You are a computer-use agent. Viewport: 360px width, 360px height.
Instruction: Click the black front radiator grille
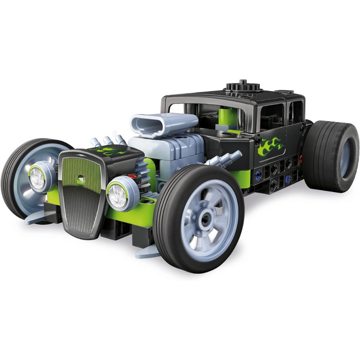click(x=81, y=195)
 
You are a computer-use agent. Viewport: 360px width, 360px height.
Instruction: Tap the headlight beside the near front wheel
click(x=118, y=194)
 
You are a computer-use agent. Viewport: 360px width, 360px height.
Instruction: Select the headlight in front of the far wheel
click(x=38, y=178)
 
